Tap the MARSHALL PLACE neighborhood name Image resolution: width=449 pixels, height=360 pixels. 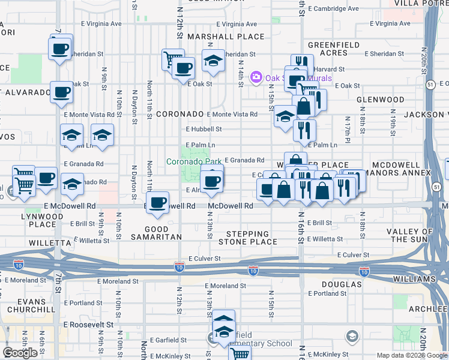coord(217,37)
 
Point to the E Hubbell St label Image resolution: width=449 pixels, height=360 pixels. coord(203,129)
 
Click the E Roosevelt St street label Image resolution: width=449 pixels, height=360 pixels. coord(89,324)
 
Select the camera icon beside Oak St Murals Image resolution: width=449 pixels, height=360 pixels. coord(256,76)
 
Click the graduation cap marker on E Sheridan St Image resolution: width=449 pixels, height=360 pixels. coord(213,61)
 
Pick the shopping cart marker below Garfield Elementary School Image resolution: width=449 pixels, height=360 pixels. coord(241,354)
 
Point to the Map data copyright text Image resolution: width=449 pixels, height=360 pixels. coord(411,355)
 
